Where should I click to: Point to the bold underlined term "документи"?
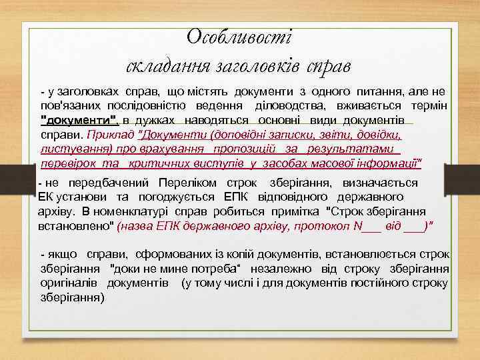[79, 119]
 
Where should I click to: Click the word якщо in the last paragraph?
[63, 255]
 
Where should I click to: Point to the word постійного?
[387, 283]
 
